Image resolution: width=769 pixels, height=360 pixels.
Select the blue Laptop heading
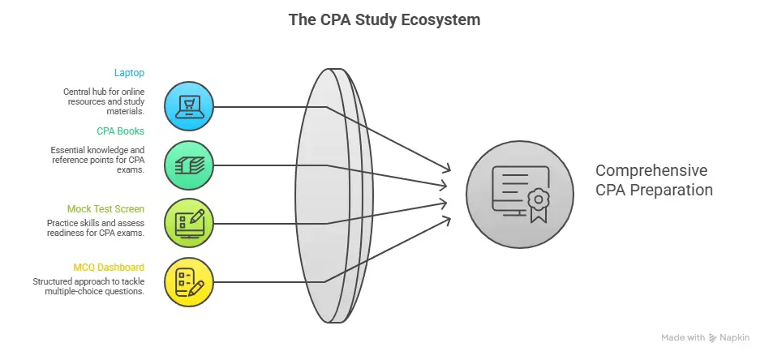[129, 73]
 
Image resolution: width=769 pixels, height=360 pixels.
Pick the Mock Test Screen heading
[105, 208]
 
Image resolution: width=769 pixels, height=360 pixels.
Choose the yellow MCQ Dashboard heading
[109, 266]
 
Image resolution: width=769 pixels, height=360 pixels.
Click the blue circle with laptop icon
[189, 106]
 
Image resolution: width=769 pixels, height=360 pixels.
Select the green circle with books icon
[189, 165]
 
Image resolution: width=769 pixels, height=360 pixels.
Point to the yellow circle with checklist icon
[189, 281]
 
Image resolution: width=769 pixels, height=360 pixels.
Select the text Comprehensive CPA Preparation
[654, 181]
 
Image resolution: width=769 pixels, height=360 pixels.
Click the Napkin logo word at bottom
[737, 337]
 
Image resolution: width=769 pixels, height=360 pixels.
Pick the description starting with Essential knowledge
[97, 160]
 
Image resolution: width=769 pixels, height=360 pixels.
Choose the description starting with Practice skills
[96, 227]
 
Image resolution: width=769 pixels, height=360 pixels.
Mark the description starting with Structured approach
[89, 286]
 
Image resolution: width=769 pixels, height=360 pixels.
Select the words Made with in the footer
[683, 337]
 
